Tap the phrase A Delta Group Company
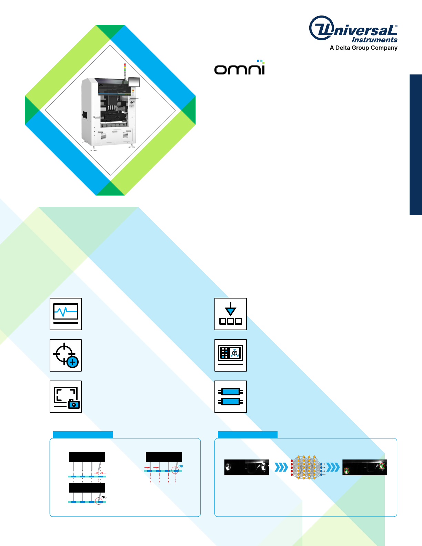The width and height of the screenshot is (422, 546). tap(363, 48)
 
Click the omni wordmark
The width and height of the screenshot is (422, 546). tap(239, 68)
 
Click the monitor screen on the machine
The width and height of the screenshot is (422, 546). tap(134, 82)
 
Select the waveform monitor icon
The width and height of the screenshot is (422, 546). tap(66, 314)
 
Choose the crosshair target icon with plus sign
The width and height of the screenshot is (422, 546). tap(66, 355)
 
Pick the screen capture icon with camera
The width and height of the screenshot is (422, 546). tap(66, 396)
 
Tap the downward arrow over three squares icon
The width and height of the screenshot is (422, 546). tap(230, 314)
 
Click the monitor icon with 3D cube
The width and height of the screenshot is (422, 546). tap(230, 355)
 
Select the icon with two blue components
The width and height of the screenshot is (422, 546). tap(230, 396)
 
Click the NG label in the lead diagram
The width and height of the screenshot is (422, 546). tap(104, 497)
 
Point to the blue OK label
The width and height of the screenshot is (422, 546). tap(181, 466)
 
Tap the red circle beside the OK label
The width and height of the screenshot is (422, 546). tap(175, 470)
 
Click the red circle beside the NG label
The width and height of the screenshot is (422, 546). tap(99, 501)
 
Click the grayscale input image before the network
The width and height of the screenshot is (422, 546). tap(247, 467)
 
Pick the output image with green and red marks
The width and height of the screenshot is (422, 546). tap(365, 467)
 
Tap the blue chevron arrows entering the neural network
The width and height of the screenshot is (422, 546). tap(281, 467)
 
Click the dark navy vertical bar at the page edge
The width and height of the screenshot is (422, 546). tap(416, 144)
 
